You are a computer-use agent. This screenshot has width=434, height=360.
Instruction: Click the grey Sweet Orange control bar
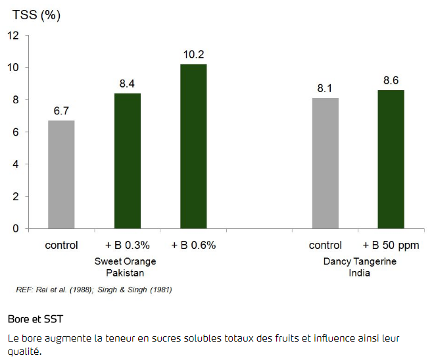pos(61,174)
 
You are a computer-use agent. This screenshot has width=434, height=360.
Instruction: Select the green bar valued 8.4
pos(127,161)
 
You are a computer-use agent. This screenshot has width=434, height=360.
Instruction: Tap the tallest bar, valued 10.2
pos(193,146)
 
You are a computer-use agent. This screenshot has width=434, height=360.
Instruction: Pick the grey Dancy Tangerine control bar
pos(325,163)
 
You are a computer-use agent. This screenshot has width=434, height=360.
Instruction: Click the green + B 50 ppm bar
pos(391,159)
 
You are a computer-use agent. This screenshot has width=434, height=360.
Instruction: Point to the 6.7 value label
pos(61,111)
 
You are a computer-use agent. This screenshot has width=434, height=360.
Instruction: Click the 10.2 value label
pos(193,54)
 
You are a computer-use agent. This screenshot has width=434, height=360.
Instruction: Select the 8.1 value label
pos(325,88)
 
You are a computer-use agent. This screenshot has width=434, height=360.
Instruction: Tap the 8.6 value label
pos(391,80)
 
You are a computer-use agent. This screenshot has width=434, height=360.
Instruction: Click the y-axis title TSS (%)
pos(36,15)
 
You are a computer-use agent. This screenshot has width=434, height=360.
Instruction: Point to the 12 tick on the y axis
pos(14,36)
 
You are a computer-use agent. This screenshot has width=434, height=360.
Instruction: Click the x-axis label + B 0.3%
pos(127,245)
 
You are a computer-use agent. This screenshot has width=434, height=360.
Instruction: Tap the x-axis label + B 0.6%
pos(193,245)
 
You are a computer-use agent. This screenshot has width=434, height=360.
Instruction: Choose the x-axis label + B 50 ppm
pos(391,245)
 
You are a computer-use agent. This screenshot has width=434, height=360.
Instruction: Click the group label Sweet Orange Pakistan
pos(126,267)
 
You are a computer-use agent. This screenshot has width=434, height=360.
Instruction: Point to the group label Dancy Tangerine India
pos(359,267)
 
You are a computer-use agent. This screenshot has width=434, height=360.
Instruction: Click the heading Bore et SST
pos(36,319)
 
